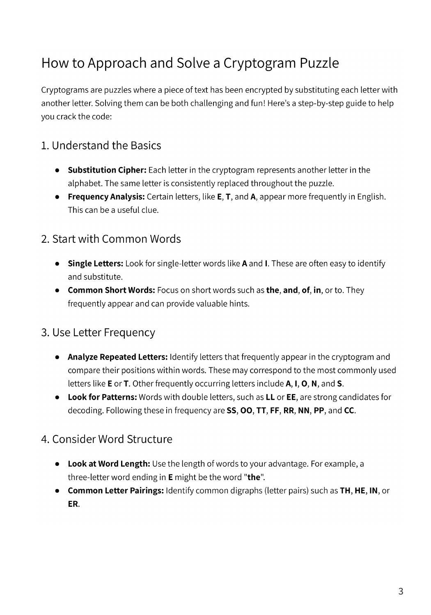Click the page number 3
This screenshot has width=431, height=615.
[x=401, y=591]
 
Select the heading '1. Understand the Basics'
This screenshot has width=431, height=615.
[x=101, y=146]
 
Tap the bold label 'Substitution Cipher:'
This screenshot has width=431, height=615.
[x=107, y=170]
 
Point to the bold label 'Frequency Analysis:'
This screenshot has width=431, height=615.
[x=106, y=196]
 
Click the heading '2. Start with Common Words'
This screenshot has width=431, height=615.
[x=111, y=239]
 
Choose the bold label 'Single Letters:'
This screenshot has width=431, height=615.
[x=95, y=263]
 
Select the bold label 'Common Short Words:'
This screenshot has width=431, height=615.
[x=111, y=290]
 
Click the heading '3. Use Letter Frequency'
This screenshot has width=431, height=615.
[x=98, y=333]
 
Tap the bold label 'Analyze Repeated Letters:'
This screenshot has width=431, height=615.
[x=117, y=357]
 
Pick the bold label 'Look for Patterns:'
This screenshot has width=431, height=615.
[x=102, y=397]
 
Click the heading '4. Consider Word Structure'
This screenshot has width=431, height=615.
[x=107, y=439]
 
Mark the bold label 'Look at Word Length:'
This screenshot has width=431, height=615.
[x=109, y=464]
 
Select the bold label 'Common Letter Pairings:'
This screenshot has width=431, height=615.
[x=115, y=491]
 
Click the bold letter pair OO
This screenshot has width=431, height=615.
[x=246, y=410]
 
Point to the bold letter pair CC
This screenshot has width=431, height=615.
[x=349, y=410]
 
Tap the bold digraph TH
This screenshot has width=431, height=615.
[x=345, y=491]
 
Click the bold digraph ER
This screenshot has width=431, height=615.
[x=73, y=504]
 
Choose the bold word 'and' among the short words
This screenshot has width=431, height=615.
[x=290, y=290]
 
